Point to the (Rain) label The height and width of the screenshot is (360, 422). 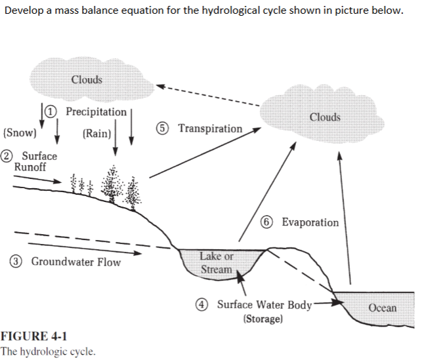point(96,134)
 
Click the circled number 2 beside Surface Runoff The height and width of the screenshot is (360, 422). point(6,156)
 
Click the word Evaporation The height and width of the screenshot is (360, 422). point(310,222)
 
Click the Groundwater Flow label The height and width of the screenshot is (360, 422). point(76,262)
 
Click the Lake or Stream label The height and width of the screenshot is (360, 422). point(216,262)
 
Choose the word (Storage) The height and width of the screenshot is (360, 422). point(263,319)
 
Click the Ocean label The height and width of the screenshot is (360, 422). point(382,308)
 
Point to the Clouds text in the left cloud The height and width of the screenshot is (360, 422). point(87,80)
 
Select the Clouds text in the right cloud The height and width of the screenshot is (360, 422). point(325,117)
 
